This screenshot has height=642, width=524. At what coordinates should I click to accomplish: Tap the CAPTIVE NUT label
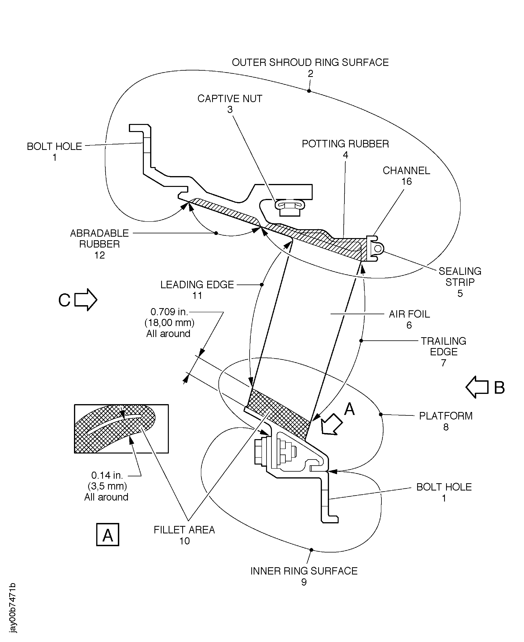point(230,99)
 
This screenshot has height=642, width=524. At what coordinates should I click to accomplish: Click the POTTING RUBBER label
point(345,144)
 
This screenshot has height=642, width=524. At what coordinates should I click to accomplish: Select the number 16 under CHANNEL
point(406,181)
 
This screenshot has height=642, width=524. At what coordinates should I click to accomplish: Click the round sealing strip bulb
point(378,248)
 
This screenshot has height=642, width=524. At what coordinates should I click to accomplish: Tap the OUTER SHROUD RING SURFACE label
point(310,63)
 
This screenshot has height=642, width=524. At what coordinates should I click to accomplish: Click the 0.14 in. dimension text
point(107,475)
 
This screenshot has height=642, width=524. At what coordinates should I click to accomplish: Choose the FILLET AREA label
point(184,530)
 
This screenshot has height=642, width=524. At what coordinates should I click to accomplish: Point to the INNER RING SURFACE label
point(304,571)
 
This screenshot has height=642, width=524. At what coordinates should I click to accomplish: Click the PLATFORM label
point(445,416)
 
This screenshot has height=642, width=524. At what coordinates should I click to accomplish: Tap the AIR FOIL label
point(409,314)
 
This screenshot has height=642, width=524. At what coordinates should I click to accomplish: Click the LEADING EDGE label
point(197,285)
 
